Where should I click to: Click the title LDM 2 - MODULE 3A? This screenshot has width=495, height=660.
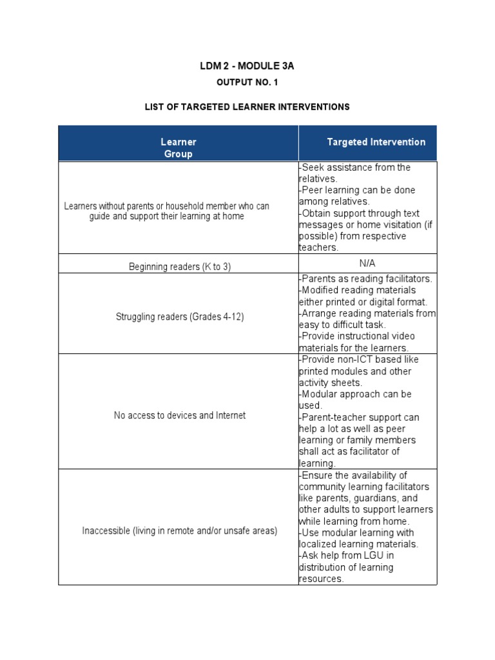(247, 67)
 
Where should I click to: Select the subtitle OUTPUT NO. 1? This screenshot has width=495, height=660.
(247, 83)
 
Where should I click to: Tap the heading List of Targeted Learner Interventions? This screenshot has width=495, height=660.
(247, 106)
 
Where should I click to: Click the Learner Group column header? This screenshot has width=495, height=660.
(179, 148)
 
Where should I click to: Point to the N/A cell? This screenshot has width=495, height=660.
(367, 263)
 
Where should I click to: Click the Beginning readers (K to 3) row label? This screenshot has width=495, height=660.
(179, 267)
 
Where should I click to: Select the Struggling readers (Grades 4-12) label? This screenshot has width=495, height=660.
(179, 316)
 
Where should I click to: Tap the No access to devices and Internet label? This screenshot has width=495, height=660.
(179, 416)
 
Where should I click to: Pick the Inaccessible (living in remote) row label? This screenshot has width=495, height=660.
(179, 531)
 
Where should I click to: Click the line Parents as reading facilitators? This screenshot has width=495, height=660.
(366, 278)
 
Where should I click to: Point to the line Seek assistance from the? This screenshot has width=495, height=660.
(355, 168)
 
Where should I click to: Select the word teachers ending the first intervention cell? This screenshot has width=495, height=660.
(318, 247)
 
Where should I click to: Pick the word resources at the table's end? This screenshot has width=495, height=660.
(320, 579)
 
